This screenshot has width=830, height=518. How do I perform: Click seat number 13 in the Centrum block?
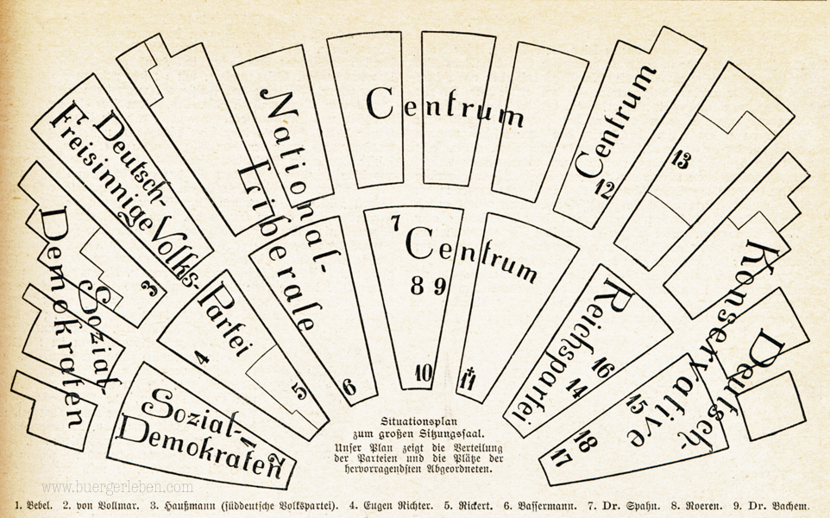pos(680,159)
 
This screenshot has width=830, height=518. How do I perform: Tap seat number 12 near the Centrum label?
pos(603,188)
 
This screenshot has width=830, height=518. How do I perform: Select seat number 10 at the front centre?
pos(424,373)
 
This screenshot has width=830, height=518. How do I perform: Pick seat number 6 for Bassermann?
pos(349,388)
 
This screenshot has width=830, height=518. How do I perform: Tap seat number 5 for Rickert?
pos(299,391)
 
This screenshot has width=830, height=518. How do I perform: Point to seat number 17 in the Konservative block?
pos(562,458)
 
